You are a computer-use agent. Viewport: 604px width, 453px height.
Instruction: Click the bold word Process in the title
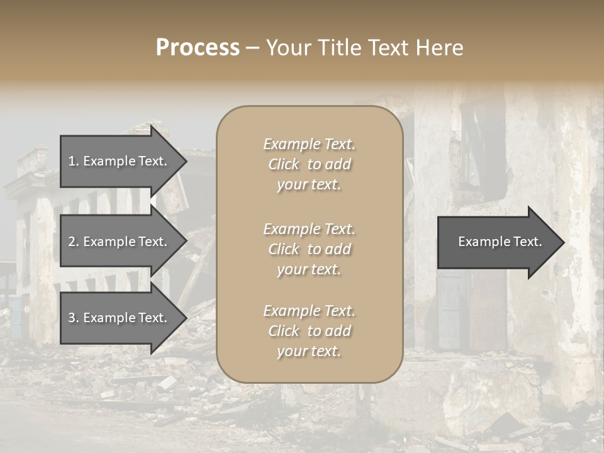[x=198, y=48]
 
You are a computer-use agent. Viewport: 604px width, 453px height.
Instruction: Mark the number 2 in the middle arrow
[x=72, y=242]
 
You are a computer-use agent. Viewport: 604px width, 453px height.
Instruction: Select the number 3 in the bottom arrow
[x=72, y=318]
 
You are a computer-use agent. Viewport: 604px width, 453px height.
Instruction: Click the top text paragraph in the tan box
[x=310, y=164]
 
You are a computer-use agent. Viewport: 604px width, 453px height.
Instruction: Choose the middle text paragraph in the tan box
[x=310, y=249]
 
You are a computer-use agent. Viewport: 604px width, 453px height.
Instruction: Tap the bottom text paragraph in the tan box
[x=310, y=331]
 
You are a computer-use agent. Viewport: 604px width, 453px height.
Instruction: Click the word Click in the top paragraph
[x=284, y=165]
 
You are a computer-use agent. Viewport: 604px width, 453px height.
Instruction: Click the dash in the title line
[x=252, y=49]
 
